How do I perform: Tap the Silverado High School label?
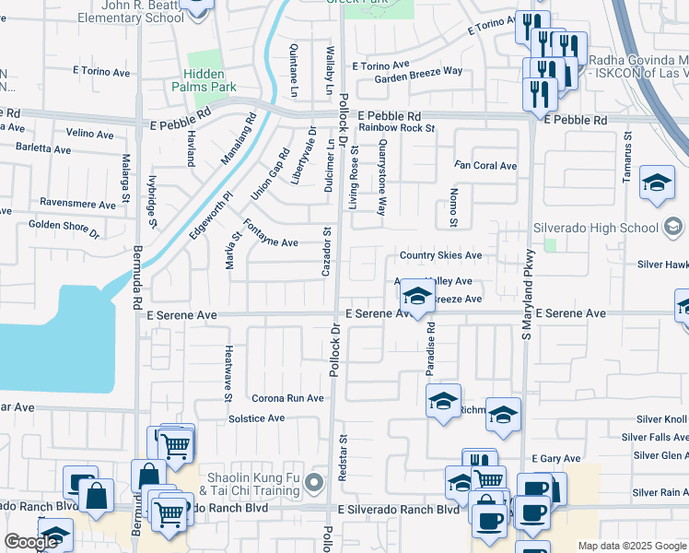595,228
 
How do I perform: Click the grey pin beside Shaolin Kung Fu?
315,482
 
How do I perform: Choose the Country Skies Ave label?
440,255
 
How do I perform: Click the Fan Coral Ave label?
485,166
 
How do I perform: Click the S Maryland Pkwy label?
528,295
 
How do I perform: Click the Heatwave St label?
228,374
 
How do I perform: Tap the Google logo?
31,542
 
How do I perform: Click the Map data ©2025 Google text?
631,546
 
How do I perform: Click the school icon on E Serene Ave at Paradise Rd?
417,297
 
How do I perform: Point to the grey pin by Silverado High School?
672,227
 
